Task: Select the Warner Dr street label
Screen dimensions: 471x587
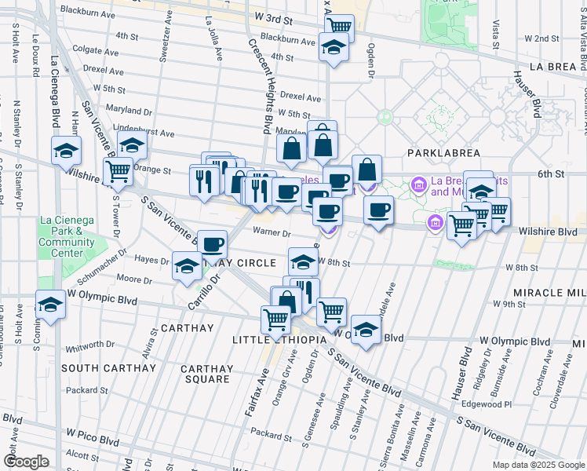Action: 272,232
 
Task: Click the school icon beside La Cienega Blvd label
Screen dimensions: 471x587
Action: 67,149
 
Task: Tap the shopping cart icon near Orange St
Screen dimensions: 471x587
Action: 118,170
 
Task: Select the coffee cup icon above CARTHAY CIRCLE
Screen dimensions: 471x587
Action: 212,243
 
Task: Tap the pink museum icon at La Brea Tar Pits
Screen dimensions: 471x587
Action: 419,185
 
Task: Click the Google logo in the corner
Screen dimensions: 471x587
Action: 26,462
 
